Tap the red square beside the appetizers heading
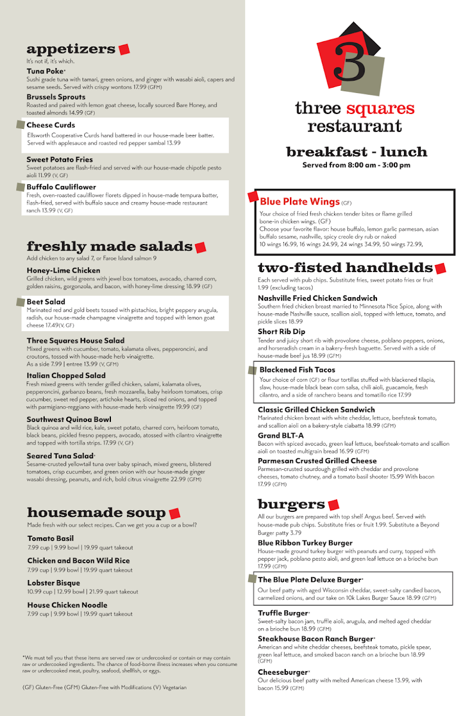(124, 50)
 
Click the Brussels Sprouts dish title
(56, 97)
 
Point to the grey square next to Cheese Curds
(21, 125)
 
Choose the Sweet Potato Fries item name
(60, 159)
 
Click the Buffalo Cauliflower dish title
(61, 187)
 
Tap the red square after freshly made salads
(200, 247)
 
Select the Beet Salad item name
(46, 302)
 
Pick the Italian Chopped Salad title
(66, 375)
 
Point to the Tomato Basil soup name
(50, 538)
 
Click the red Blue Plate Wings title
(300, 202)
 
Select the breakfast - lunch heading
(356, 152)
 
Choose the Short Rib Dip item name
(282, 332)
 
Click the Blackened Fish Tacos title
(297, 370)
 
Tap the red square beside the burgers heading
(334, 505)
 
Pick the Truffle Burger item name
(283, 613)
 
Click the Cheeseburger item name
(283, 672)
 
